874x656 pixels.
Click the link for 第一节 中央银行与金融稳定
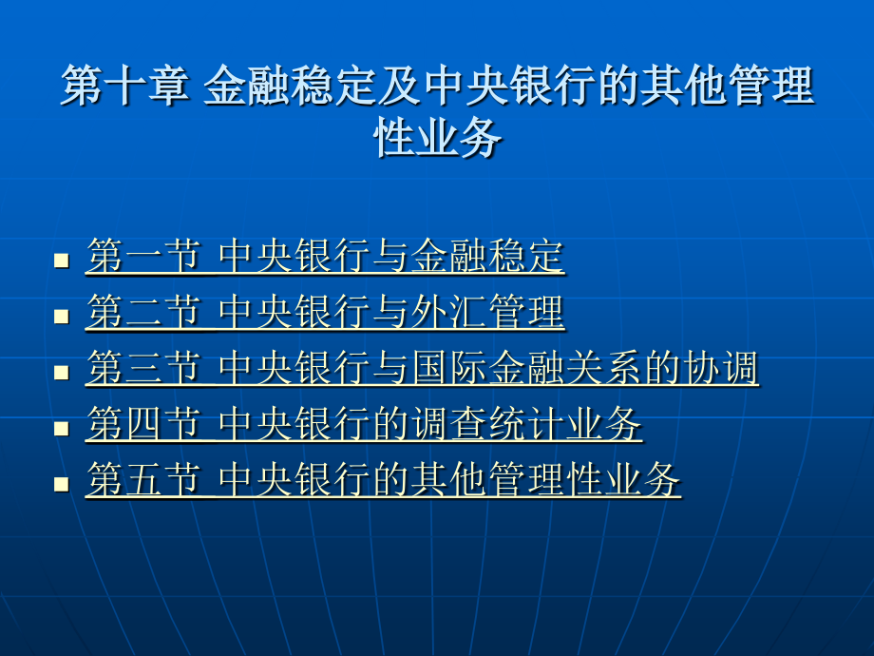click(x=326, y=256)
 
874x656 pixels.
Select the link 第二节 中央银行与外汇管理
click(x=326, y=312)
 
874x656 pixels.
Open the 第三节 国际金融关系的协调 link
click(x=423, y=368)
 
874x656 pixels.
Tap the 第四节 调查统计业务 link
click(x=365, y=424)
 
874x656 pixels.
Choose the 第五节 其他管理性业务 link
click(x=384, y=480)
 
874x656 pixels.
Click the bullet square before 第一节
click(x=62, y=260)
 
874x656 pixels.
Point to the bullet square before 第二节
click(x=62, y=317)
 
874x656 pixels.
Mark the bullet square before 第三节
click(x=62, y=372)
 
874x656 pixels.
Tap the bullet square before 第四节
click(x=62, y=428)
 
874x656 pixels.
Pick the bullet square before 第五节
click(x=62, y=484)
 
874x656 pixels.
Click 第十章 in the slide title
click(x=124, y=86)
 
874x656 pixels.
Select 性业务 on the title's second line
click(x=438, y=138)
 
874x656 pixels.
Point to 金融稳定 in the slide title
click(x=290, y=86)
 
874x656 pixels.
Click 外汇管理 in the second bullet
click(x=487, y=312)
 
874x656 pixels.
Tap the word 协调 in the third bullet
click(x=721, y=368)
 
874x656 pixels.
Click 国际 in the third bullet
click(x=449, y=368)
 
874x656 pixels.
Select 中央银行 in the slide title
click(x=509, y=86)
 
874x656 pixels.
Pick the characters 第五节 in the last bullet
click(x=143, y=480)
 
